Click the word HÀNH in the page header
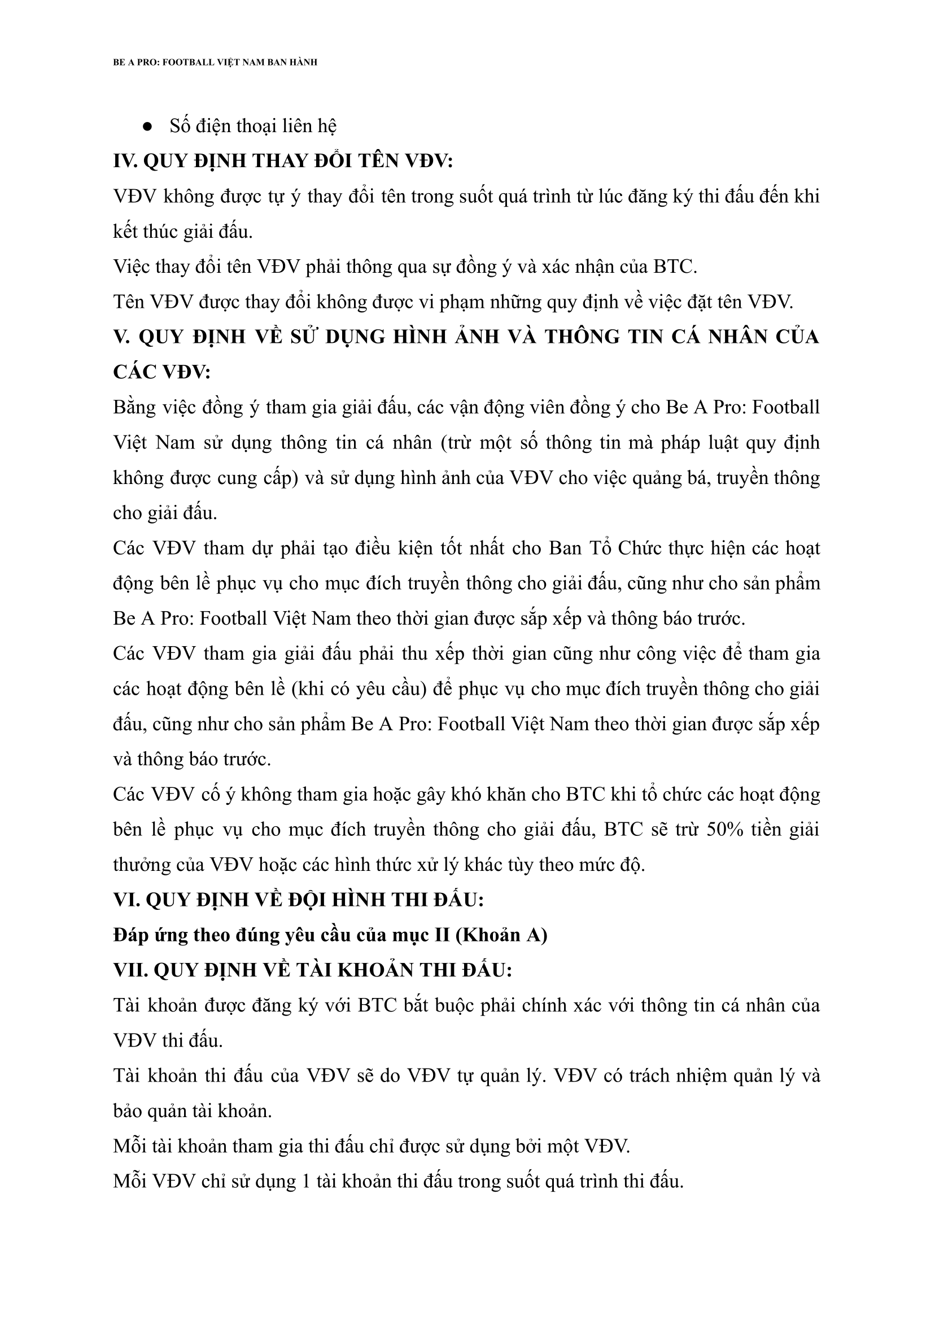point(303,62)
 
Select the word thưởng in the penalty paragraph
point(142,865)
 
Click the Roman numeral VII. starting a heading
point(130,970)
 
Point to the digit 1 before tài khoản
point(308,1182)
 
